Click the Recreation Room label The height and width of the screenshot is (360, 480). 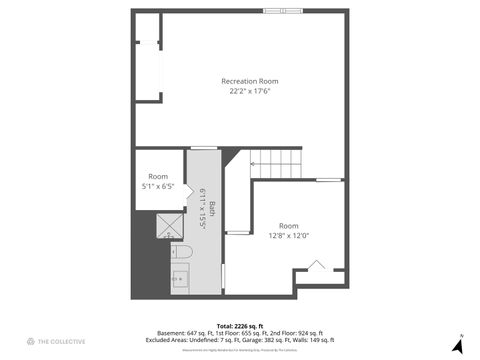click(249, 81)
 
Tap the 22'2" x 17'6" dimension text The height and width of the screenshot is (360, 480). click(249, 91)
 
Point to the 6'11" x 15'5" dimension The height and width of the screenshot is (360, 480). click(202, 210)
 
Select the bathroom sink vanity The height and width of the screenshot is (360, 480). click(181, 279)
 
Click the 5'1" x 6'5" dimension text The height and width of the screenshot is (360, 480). click(158, 186)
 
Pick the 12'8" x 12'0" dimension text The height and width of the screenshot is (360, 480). click(288, 236)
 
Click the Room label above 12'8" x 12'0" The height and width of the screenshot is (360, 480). click(288, 226)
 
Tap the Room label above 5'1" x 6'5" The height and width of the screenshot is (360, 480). click(158, 176)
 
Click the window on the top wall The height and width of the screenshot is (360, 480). click(284, 11)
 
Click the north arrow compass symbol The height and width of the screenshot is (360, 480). click(457, 344)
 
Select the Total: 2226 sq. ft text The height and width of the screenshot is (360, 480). click(239, 326)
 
